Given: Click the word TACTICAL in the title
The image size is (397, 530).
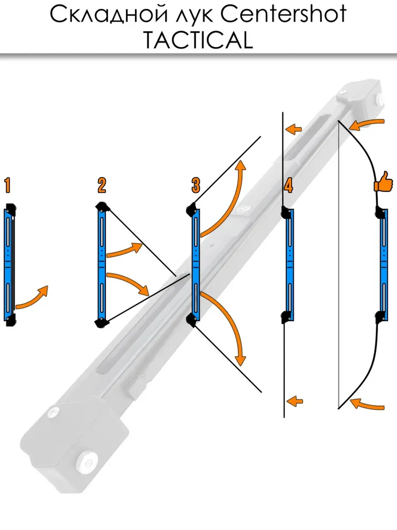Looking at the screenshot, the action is [x=198, y=40].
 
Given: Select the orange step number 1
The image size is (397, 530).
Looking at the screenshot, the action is [x=7, y=185].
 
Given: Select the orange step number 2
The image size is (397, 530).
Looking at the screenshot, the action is [x=102, y=185].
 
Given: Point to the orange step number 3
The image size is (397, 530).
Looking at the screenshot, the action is [x=196, y=185].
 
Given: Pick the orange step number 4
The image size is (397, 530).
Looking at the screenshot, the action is [x=288, y=185].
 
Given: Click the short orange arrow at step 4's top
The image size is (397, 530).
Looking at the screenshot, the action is [x=294, y=129].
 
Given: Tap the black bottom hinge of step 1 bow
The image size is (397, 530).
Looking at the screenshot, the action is [x=11, y=320].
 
